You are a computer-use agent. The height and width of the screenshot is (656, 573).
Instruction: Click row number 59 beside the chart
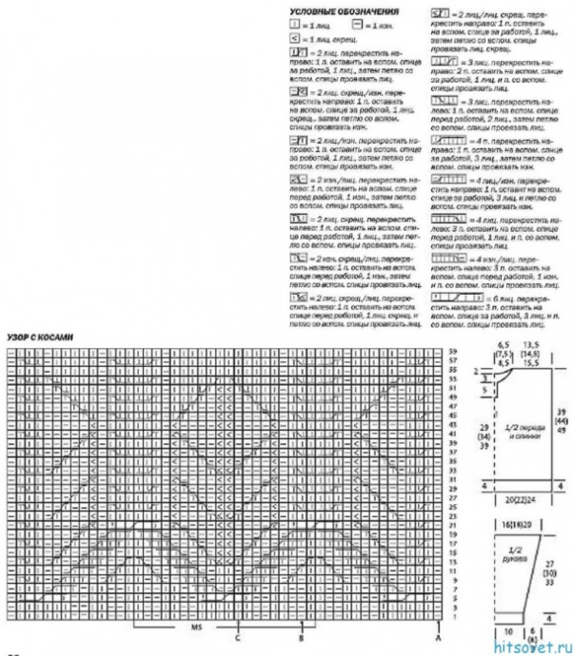click(x=454, y=353)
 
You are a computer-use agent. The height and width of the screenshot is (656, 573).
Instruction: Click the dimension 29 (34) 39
click(x=484, y=438)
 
